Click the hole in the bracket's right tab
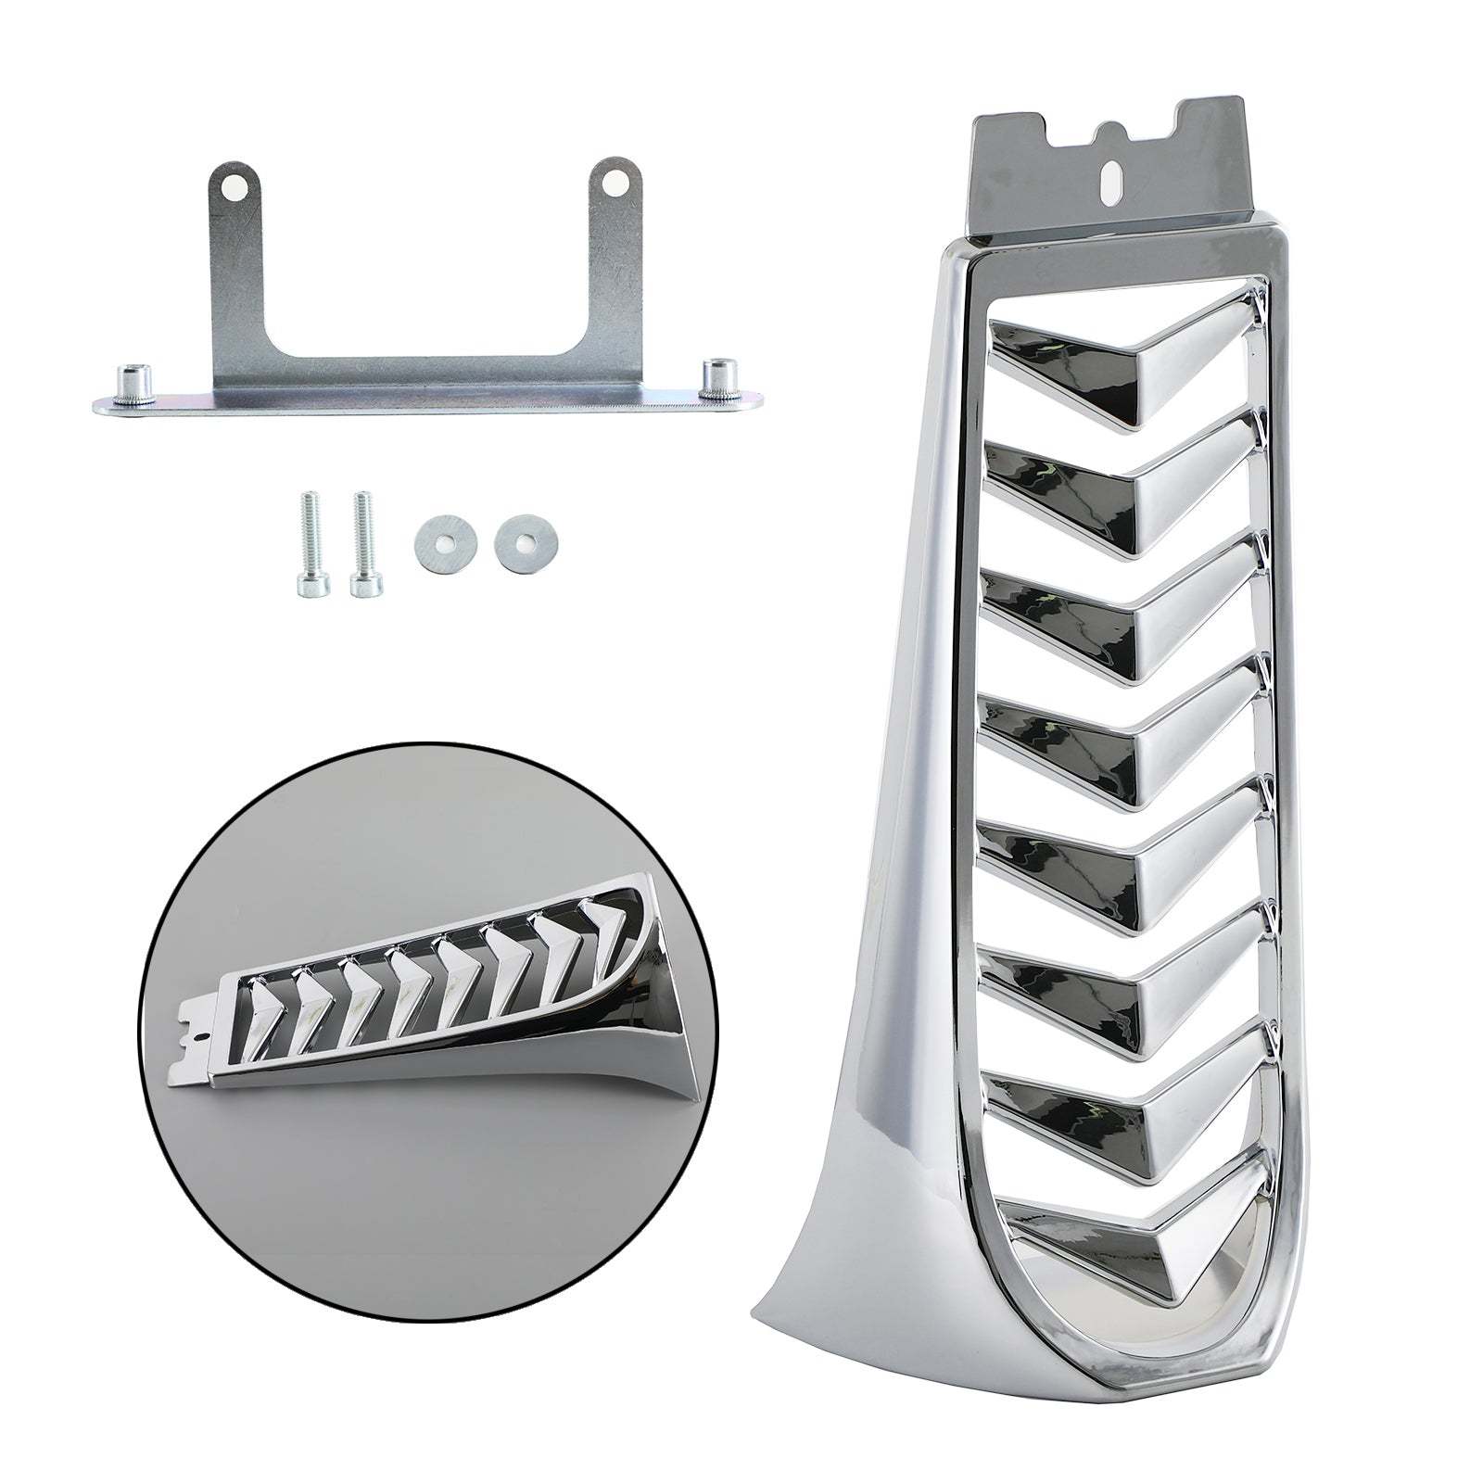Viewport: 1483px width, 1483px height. click(x=612, y=185)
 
